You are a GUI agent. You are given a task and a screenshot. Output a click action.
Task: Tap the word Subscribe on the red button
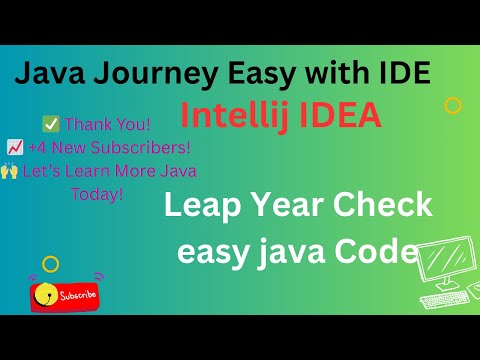[x=79, y=295]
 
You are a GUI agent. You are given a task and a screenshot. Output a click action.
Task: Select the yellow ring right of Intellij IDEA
[x=452, y=104]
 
